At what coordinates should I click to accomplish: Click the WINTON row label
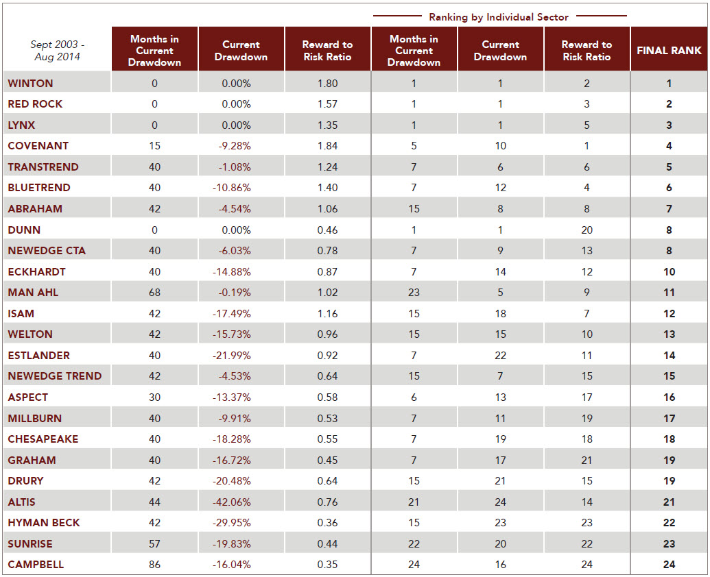pos(30,83)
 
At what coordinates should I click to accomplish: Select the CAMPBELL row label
pos(36,565)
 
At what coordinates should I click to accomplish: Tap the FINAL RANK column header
pos(669,51)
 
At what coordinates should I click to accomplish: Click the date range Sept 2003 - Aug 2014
pos(57,51)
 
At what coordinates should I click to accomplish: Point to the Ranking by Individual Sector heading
pos(499,17)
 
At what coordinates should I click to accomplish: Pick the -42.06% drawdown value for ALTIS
pos(231,502)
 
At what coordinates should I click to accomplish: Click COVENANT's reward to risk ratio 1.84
pos(327,145)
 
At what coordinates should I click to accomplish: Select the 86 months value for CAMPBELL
pos(154,565)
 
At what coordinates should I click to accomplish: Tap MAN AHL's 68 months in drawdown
pos(154,292)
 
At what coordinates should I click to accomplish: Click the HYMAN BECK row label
pos(43,523)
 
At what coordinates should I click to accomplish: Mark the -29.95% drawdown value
pos(231,523)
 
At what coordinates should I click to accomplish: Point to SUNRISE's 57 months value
pos(154,543)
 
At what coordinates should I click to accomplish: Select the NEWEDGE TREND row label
pos(54,376)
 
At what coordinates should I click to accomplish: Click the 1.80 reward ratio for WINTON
pos(327,83)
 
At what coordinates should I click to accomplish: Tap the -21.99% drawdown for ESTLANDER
pos(231,356)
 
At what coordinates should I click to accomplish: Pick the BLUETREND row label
pos(39,188)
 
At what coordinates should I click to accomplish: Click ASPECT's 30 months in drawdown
pos(154,397)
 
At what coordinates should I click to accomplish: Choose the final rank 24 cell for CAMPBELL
pos(670,565)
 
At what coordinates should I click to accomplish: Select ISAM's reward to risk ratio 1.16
pos(327,313)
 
